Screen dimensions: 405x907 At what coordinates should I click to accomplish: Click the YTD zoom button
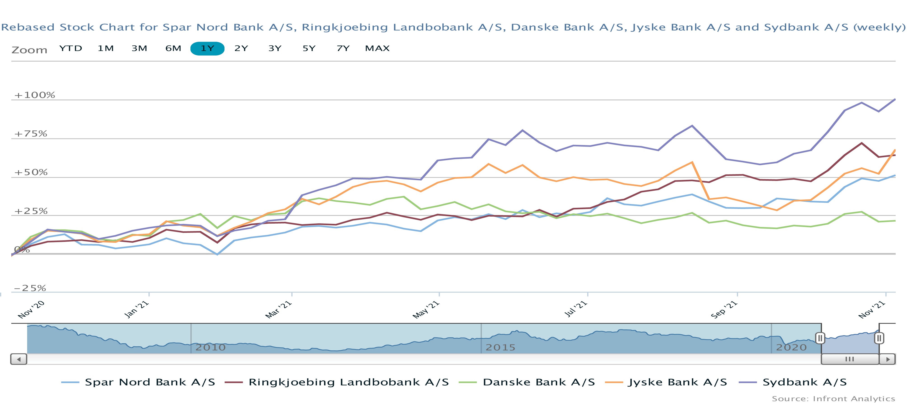pyautogui.click(x=70, y=48)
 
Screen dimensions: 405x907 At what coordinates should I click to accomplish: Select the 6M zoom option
pyautogui.click(x=173, y=48)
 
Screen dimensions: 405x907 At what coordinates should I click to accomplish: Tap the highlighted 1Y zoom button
pyautogui.click(x=207, y=48)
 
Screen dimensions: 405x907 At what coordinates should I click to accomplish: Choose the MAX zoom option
pyautogui.click(x=377, y=48)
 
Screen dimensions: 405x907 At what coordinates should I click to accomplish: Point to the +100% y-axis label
pyautogui.click(x=35, y=95)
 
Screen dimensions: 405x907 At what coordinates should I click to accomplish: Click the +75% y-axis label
pyautogui.click(x=31, y=134)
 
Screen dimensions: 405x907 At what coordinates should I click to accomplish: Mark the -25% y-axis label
pyautogui.click(x=30, y=288)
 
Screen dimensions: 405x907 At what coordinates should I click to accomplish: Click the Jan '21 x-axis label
pyautogui.click(x=137, y=309)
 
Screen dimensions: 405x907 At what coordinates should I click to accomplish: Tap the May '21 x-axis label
pyautogui.click(x=426, y=310)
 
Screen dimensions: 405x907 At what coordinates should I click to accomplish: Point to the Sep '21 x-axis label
pyautogui.click(x=724, y=310)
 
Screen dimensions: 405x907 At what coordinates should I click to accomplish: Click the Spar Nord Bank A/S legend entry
pyautogui.click(x=150, y=382)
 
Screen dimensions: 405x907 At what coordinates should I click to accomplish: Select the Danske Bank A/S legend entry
pyautogui.click(x=538, y=382)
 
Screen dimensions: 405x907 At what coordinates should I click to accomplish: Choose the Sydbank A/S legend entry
pyautogui.click(x=804, y=382)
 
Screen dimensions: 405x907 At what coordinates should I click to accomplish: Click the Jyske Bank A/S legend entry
pyautogui.click(x=677, y=382)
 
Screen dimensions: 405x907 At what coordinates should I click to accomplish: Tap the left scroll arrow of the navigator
pyautogui.click(x=19, y=359)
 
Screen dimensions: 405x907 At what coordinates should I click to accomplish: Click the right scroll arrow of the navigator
pyautogui.click(x=888, y=359)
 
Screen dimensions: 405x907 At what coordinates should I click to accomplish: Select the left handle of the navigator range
pyautogui.click(x=820, y=338)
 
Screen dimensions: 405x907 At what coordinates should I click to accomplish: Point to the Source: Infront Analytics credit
pyautogui.click(x=833, y=399)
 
